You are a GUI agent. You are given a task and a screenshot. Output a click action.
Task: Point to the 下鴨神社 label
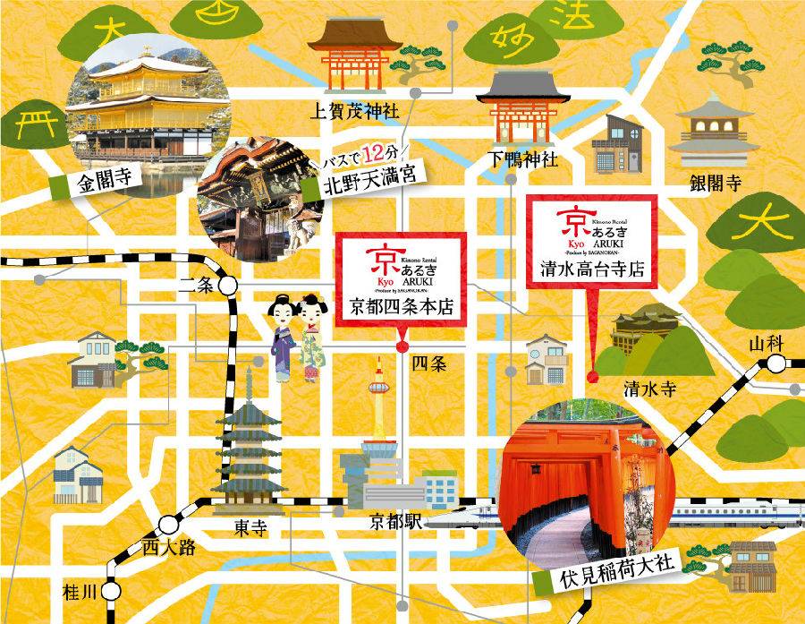pos(523,159)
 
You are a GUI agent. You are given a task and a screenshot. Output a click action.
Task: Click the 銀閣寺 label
pos(715,184)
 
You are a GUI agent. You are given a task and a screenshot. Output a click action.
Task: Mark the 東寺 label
pos(248,527)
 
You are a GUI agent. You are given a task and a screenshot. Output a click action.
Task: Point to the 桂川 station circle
pos(111,592)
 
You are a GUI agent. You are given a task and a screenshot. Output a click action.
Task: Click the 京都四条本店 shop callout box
pos(402,280)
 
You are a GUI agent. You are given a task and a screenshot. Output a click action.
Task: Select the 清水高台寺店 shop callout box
pos(594,241)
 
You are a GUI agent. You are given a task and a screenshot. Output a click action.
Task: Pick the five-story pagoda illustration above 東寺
pos(248,448)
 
